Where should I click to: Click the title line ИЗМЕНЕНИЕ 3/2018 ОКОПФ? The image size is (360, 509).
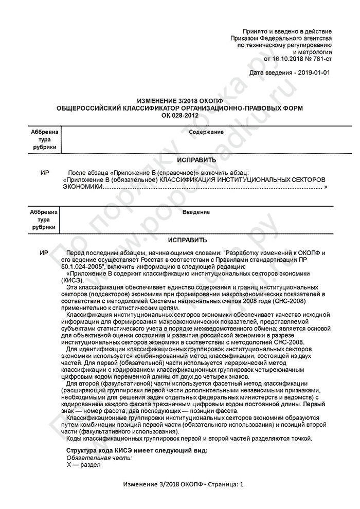[180, 102]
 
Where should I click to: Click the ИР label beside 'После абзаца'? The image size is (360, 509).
[44, 173]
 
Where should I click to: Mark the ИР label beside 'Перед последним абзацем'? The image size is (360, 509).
[44, 253]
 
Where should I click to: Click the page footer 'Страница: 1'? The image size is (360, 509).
[225, 485]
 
